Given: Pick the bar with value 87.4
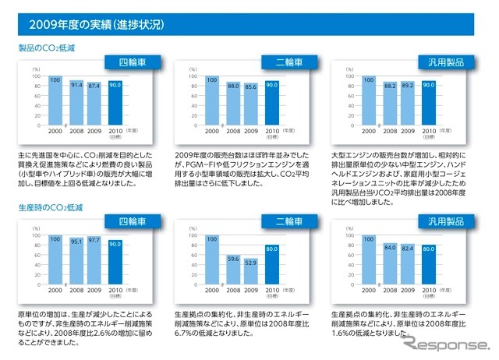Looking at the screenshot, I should tap(94, 104).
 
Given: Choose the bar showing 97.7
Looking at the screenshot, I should tap(94, 260).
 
